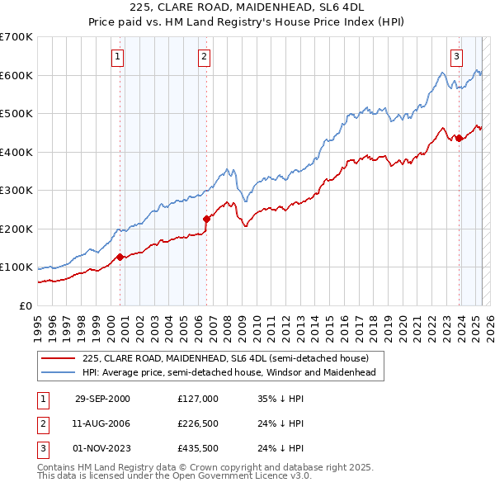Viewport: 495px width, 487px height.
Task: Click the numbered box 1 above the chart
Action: (118, 57)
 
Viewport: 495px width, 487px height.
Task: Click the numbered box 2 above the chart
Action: (204, 57)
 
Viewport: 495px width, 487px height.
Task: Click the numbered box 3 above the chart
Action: (456, 57)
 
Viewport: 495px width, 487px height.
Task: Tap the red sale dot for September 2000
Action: (120, 257)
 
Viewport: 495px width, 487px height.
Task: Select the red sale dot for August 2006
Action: (206, 219)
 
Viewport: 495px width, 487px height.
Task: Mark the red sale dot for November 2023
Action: (459, 139)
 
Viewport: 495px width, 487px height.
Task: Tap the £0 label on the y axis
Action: (24, 305)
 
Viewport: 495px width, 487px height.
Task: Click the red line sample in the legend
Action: (58, 358)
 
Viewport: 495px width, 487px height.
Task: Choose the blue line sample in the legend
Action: (58, 372)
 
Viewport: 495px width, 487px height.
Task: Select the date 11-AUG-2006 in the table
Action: (102, 424)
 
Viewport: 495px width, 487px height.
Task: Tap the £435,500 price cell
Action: (197, 450)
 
